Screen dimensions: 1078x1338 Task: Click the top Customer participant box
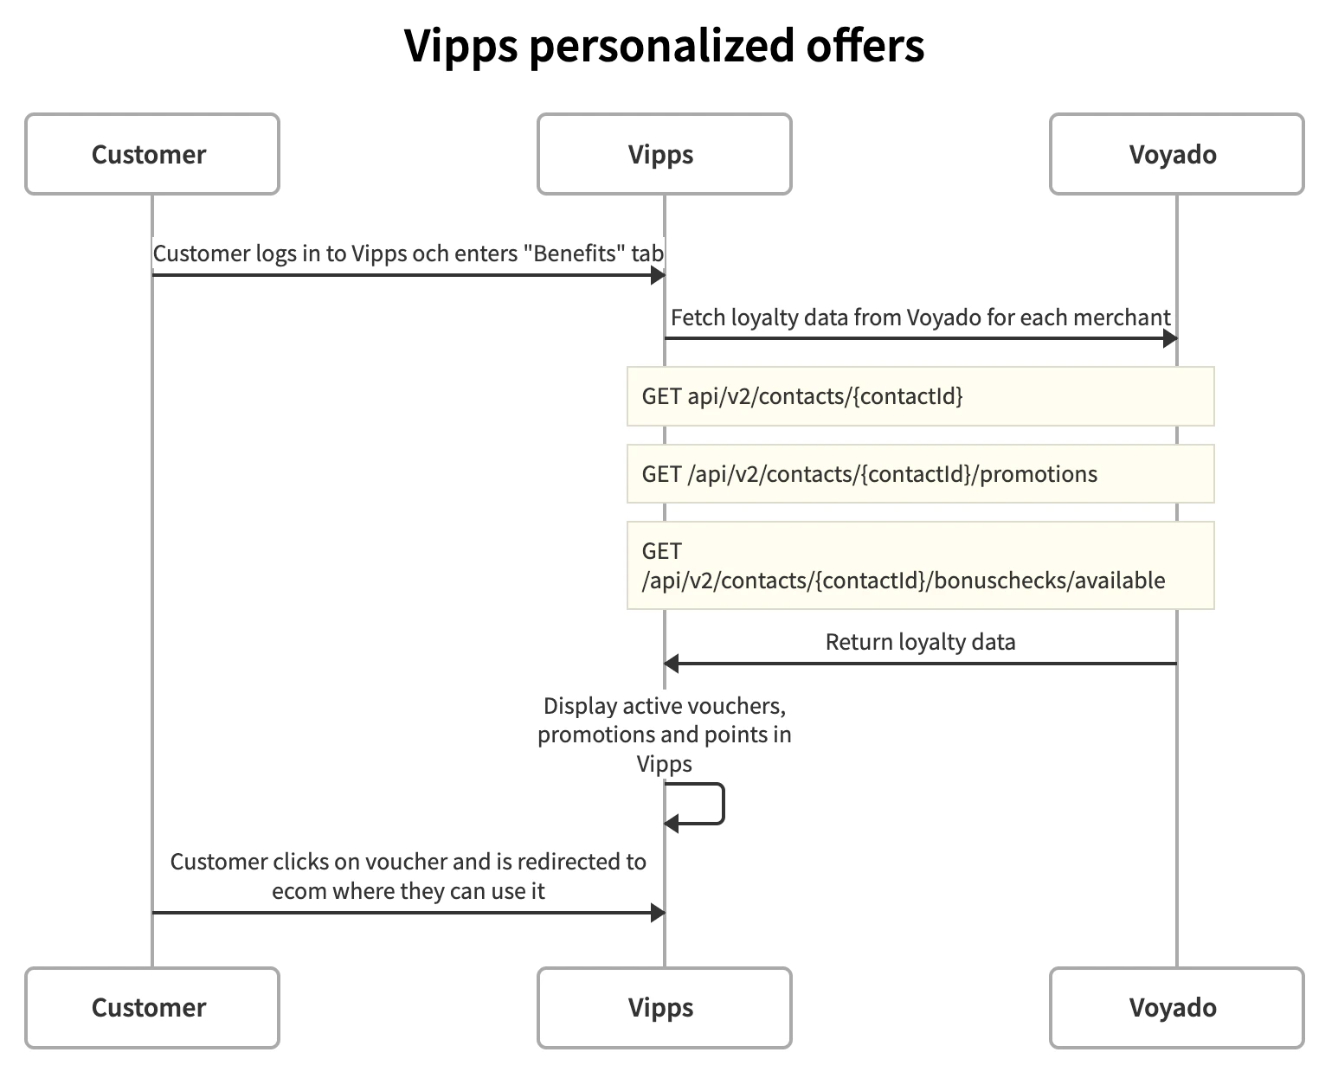(151, 154)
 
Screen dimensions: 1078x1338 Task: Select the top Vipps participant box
(664, 154)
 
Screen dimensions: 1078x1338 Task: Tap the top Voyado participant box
(1176, 154)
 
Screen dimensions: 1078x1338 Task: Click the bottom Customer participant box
(151, 1008)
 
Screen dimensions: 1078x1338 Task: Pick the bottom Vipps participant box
(664, 1008)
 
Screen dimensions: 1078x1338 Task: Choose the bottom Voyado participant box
(1176, 1008)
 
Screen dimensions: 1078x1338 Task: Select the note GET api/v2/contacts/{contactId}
(920, 396)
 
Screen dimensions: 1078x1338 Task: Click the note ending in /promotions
(920, 474)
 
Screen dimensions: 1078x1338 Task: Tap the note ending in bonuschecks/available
(920, 566)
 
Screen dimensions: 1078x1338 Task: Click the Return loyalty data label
(920, 642)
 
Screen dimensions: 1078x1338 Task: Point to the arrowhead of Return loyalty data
(671, 664)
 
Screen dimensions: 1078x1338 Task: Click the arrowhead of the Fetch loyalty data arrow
(1169, 338)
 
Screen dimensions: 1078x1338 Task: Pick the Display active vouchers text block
(664, 735)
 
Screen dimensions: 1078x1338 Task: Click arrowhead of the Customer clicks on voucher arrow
(658, 913)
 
